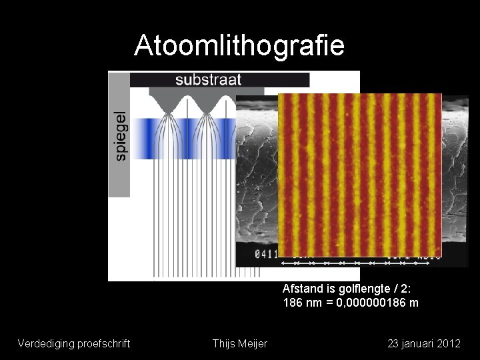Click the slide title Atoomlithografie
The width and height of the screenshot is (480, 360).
click(239, 45)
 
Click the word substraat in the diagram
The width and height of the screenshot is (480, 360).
click(208, 80)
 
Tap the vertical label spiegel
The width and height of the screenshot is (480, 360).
click(120, 135)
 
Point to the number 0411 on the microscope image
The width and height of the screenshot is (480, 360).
click(265, 254)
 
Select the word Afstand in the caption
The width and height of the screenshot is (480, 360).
click(301, 289)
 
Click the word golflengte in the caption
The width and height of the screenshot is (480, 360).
click(358, 289)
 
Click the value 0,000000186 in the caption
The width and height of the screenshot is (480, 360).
click(371, 303)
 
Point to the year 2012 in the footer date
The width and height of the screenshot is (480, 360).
click(449, 343)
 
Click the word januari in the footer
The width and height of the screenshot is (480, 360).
click(417, 343)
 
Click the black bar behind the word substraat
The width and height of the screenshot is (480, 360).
click(280, 80)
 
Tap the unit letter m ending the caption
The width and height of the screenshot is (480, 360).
click(414, 303)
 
